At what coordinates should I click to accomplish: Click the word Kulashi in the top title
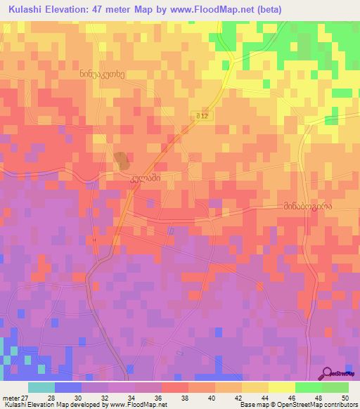point(22,8)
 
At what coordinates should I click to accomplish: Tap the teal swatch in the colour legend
point(41,387)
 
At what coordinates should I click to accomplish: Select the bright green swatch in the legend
point(335,387)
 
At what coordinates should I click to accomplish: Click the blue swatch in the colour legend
point(67,387)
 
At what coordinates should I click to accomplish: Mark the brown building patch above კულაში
point(122,162)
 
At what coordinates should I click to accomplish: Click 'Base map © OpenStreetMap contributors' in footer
point(297,405)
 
